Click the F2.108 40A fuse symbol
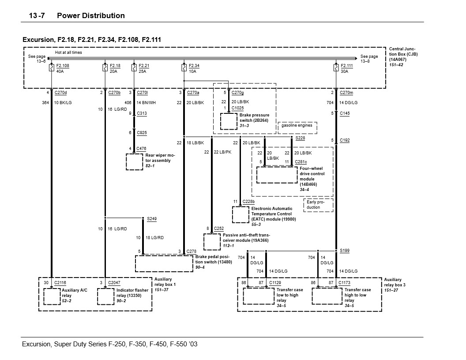coord(52,68)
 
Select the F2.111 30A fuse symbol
coord(336,68)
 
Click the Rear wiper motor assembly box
coord(134,161)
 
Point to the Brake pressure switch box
coord(229,121)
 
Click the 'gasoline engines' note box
coord(297,126)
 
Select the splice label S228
coord(300,138)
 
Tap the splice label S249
coord(152,219)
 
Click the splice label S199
coord(345,251)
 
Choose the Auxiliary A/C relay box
coord(52,296)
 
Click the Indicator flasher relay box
coord(105,296)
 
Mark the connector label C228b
coord(248,202)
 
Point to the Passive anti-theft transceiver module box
coord(212,242)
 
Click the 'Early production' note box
coord(318,205)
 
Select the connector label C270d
coord(60,93)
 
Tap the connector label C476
coord(141,149)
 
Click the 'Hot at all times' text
coord(68,52)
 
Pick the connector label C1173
coord(345,282)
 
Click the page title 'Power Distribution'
coord(91,16)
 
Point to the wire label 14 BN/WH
coord(145,103)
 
